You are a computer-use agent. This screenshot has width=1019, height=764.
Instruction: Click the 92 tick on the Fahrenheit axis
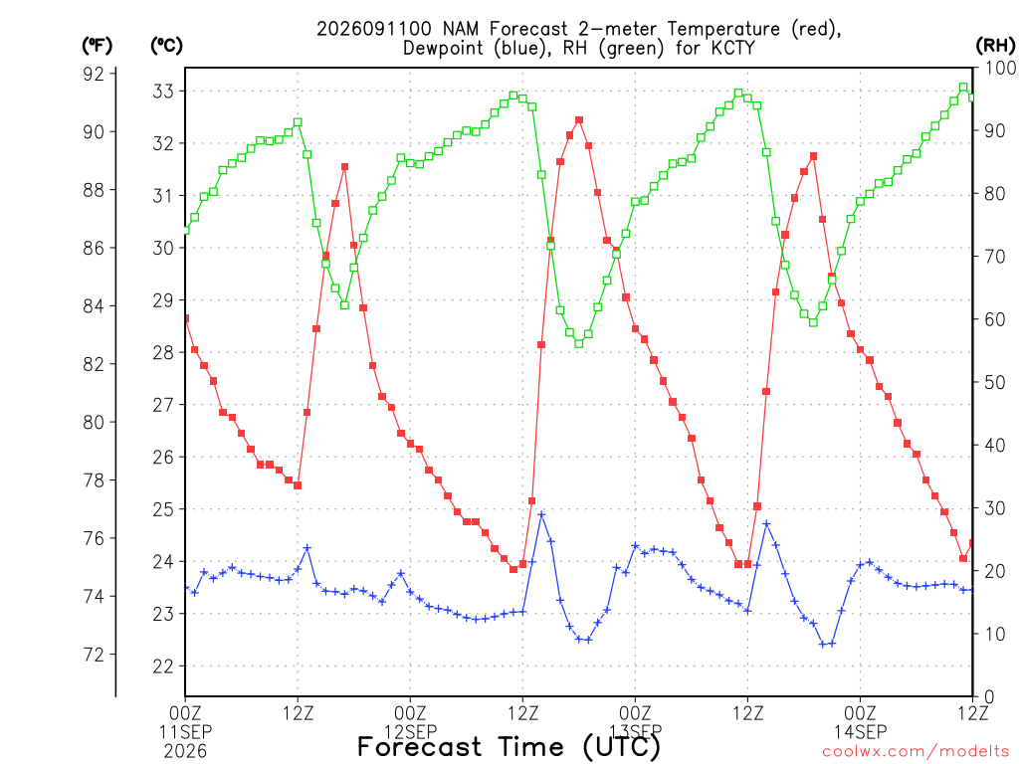[x=94, y=74]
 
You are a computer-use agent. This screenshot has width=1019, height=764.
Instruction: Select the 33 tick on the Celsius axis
[x=163, y=91]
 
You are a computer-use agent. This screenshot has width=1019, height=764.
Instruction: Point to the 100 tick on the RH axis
[x=1000, y=68]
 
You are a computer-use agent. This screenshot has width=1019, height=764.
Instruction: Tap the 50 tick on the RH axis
[x=995, y=383]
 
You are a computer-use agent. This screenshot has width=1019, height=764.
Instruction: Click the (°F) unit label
[x=97, y=46]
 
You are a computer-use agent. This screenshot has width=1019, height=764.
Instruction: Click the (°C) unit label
[x=166, y=46]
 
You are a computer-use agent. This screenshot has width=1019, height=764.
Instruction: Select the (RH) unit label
[x=995, y=46]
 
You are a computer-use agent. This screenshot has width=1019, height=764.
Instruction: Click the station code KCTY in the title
[x=733, y=48]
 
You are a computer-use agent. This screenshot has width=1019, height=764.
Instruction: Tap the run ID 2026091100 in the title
[x=374, y=29]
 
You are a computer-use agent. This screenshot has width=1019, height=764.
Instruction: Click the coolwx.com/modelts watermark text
[x=916, y=751]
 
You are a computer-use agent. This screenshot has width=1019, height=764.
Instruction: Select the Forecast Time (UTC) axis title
[x=509, y=746]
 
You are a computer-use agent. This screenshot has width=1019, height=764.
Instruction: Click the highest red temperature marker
[x=579, y=120]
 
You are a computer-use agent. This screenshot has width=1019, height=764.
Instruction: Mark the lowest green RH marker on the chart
[x=579, y=343]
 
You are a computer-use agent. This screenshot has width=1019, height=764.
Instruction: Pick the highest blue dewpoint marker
[x=541, y=514]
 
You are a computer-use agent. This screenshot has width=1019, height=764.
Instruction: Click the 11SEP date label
[x=186, y=732]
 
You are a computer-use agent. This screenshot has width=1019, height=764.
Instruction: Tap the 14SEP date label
[x=861, y=732]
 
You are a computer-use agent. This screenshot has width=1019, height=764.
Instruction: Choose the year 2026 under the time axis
[x=186, y=751]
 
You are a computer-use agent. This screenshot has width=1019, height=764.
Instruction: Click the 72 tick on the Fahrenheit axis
[x=94, y=655]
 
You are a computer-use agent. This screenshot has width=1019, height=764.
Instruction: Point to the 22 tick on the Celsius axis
[x=163, y=666]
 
